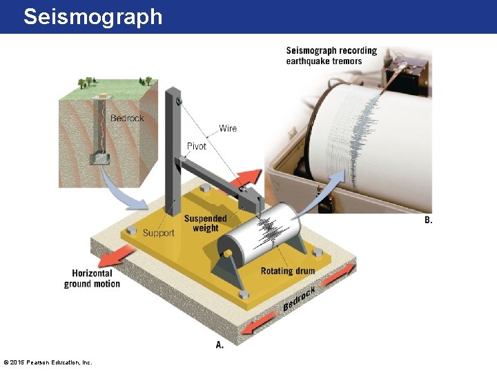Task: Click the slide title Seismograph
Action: tap(92, 17)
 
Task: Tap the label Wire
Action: tap(228, 128)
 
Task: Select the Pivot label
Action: tap(197, 146)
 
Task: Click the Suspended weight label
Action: tap(205, 224)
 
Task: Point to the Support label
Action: tap(158, 233)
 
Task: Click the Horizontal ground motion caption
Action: tap(92, 278)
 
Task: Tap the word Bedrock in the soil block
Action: tap(127, 118)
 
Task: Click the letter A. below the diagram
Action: tap(220, 344)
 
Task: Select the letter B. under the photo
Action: tap(428, 220)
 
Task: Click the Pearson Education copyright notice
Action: tap(48, 362)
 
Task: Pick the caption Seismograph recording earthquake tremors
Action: tap(331, 56)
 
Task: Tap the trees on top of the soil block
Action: tap(86, 83)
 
